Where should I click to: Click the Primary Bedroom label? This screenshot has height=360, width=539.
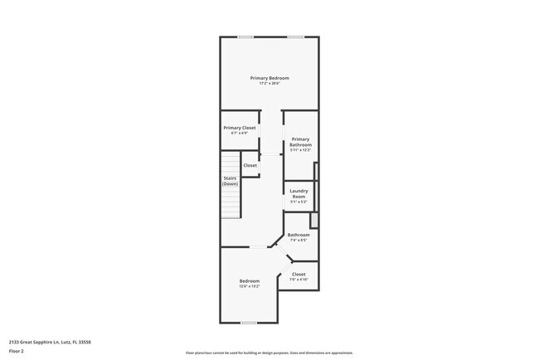pos(269,78)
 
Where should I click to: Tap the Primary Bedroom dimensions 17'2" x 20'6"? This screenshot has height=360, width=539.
pos(269,83)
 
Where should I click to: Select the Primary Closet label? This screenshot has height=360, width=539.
pos(239,128)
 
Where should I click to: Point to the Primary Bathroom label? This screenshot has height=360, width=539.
pos(300,142)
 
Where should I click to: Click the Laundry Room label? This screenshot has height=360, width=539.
pos(299,193)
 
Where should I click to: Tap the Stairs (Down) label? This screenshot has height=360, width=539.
pos(231,180)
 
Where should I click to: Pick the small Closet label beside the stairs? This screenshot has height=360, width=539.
pos(250,165)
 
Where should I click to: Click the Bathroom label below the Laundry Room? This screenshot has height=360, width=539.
pos(299,235)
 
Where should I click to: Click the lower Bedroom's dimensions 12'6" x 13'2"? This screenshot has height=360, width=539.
pos(250,286)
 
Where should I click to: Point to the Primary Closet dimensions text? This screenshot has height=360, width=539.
pos(239,133)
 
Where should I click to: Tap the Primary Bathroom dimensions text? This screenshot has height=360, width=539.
pos(300,150)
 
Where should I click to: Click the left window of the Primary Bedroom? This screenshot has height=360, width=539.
pos(245,36)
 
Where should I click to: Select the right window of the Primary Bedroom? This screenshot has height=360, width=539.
pos(295,36)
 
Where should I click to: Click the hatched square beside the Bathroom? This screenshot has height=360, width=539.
pos(314,220)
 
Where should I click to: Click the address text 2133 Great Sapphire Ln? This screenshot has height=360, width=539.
pos(50,341)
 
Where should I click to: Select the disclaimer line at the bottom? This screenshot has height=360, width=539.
pos(269,352)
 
